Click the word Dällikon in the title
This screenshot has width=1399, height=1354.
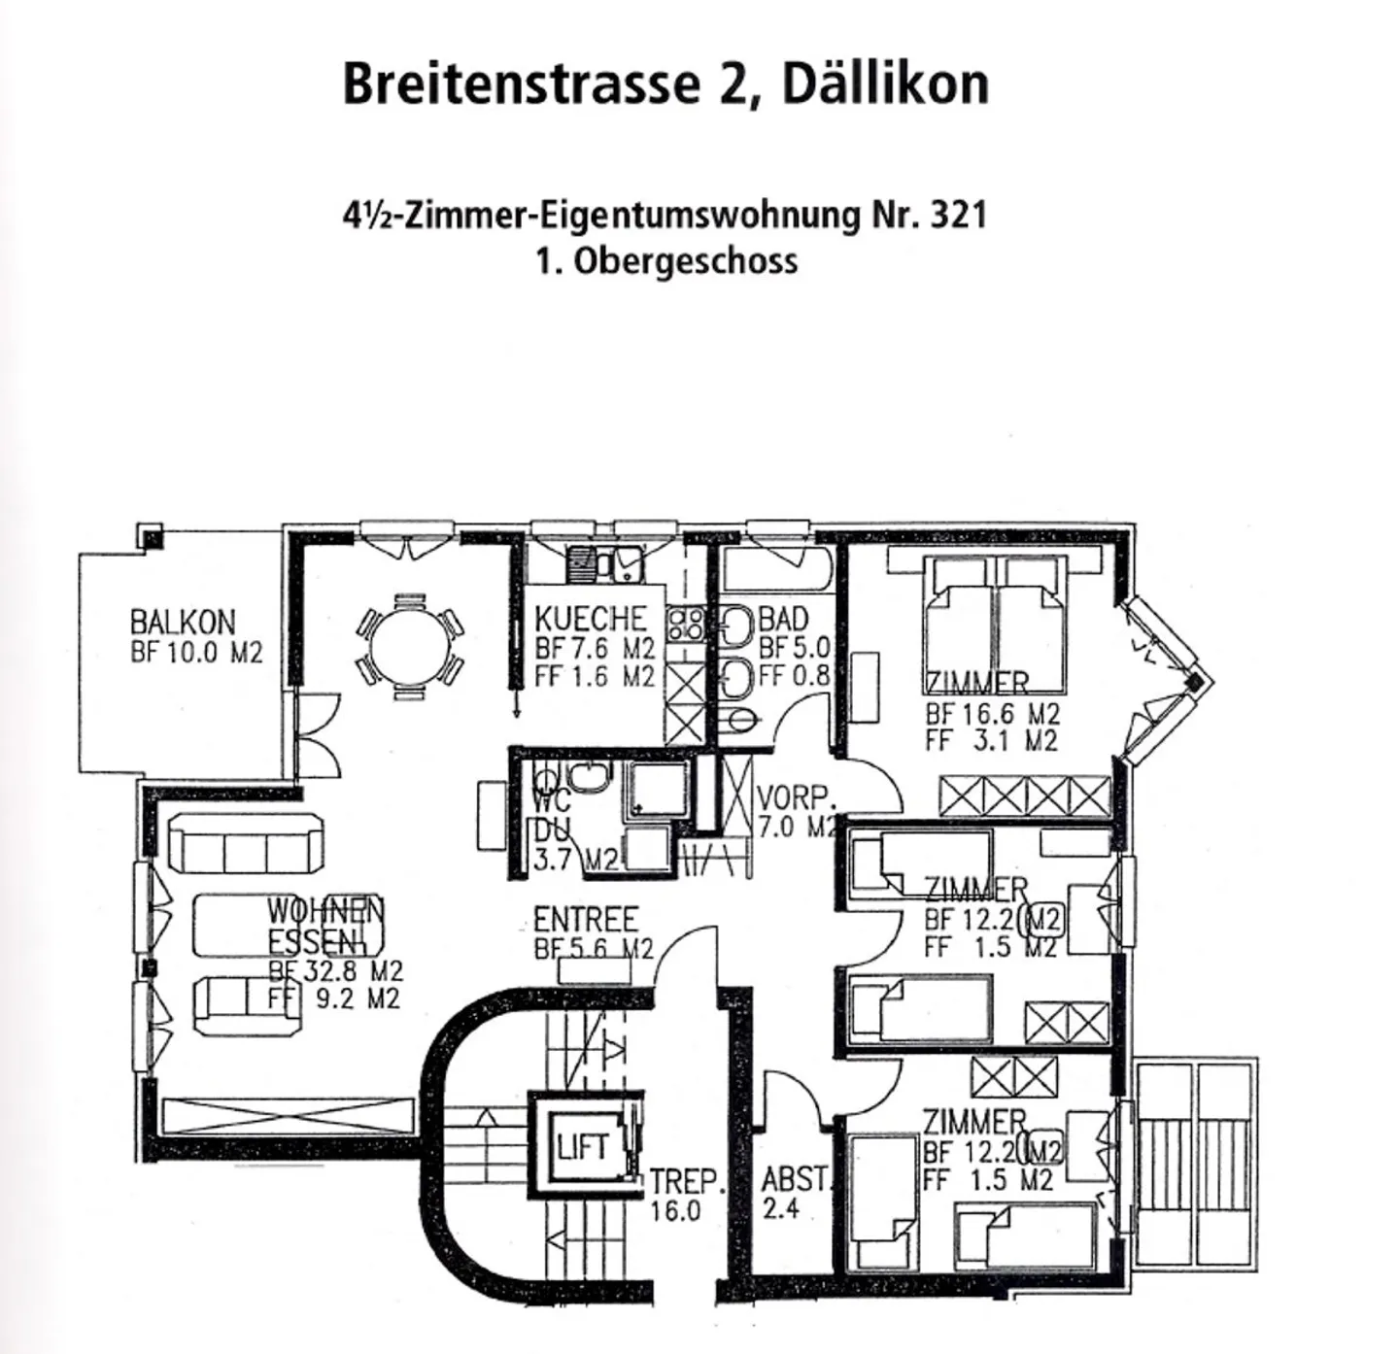click(x=885, y=85)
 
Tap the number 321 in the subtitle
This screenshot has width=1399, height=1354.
click(x=958, y=215)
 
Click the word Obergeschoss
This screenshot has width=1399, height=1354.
click(x=686, y=261)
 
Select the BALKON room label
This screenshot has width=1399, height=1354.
click(x=183, y=622)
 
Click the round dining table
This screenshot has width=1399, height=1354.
click(x=411, y=642)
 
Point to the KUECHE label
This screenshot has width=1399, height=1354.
click(x=590, y=618)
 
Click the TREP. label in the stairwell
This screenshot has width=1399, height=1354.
click(x=687, y=1182)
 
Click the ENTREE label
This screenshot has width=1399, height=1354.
click(x=585, y=919)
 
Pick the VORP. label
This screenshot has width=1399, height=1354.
click(x=795, y=798)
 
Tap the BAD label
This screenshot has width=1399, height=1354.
click(x=783, y=618)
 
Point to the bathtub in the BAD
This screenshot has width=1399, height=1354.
click(x=777, y=569)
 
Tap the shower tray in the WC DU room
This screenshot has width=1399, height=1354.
click(x=660, y=788)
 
